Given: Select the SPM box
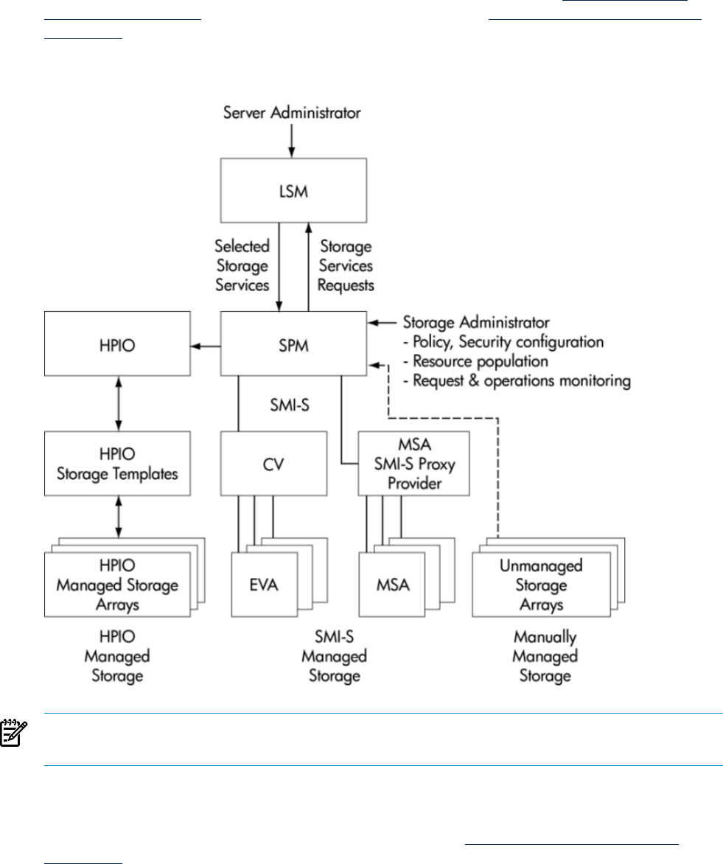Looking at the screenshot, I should tap(293, 344).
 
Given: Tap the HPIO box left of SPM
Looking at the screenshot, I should tap(119, 344).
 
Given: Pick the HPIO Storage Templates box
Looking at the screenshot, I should tap(119, 464).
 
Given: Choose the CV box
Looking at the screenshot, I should tap(274, 464).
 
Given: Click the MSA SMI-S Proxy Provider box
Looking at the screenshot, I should tap(413, 464).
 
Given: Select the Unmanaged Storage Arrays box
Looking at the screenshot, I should tap(541, 585).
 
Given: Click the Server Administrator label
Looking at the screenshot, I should tap(293, 114).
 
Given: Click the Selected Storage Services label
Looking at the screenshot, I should tap(242, 265).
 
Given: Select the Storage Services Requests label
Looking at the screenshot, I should tap(346, 265).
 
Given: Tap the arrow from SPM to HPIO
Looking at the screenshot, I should tap(206, 344).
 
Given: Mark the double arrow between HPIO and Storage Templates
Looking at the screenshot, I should tap(119, 404).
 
